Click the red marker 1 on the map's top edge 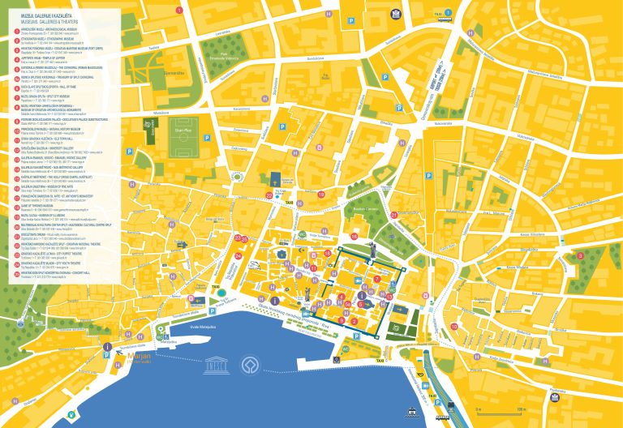pos(178,10)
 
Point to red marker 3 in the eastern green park pos(604,256)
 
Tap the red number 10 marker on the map pos(454,327)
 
